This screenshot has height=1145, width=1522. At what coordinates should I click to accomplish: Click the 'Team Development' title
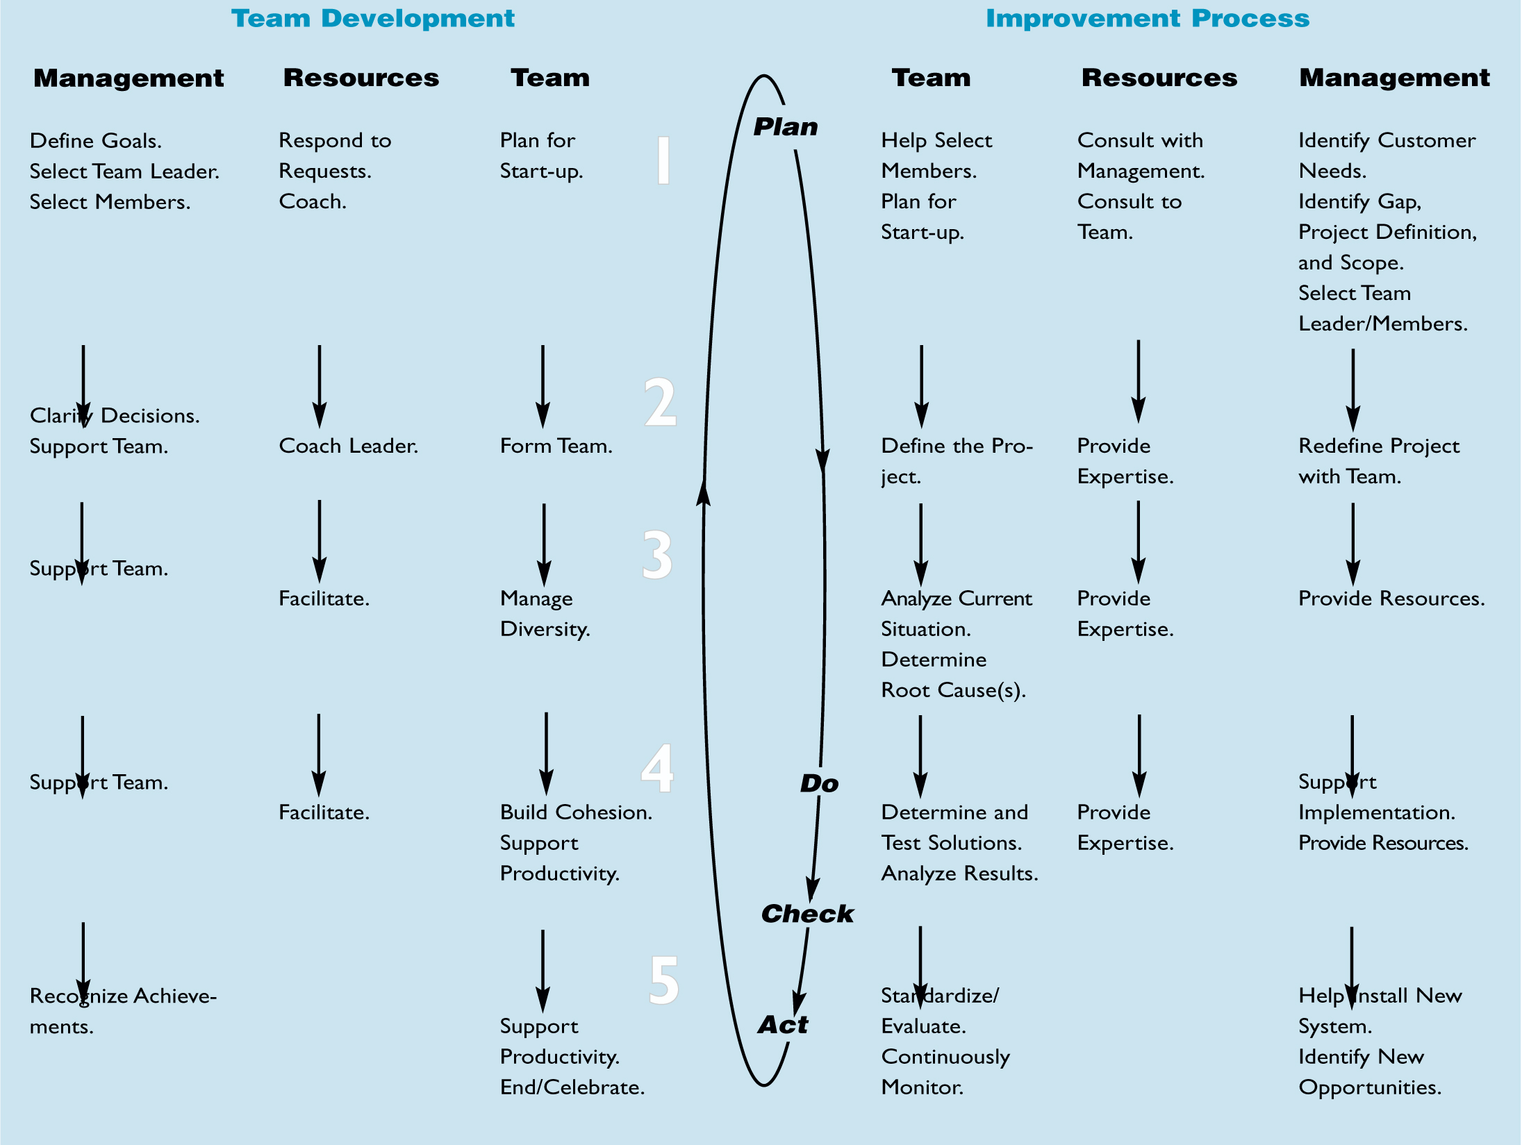pos(373,19)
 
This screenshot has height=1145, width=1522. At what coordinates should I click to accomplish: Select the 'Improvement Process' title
pos(1148,19)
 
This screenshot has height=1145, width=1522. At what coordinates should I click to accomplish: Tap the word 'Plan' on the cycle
pos(786,127)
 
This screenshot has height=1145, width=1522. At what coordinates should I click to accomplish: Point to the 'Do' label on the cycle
pos(819,783)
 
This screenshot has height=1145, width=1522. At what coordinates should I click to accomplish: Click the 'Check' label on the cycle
pos(807,914)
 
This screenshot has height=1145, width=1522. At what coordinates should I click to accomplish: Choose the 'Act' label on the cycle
pos(783,1025)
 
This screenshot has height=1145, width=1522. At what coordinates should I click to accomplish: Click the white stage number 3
pos(657,555)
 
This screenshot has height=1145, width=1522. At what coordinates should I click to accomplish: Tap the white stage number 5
pos(663,980)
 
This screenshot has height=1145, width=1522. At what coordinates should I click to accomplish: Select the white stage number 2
pos(660,402)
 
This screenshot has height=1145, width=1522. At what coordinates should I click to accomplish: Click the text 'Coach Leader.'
pos(348,446)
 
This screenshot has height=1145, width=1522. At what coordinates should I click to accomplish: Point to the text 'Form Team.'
pos(556,446)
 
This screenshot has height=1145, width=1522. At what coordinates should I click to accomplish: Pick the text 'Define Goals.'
pos(96,141)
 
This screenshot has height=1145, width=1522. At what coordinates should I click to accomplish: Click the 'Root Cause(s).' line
pos(953,690)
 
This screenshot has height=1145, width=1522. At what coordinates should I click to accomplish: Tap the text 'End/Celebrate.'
pos(572,1087)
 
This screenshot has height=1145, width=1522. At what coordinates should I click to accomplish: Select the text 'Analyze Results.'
pos(959,874)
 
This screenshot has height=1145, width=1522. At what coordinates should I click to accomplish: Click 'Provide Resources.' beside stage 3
pos(1391,599)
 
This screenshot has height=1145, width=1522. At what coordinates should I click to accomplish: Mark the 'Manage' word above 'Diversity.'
pos(536,599)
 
